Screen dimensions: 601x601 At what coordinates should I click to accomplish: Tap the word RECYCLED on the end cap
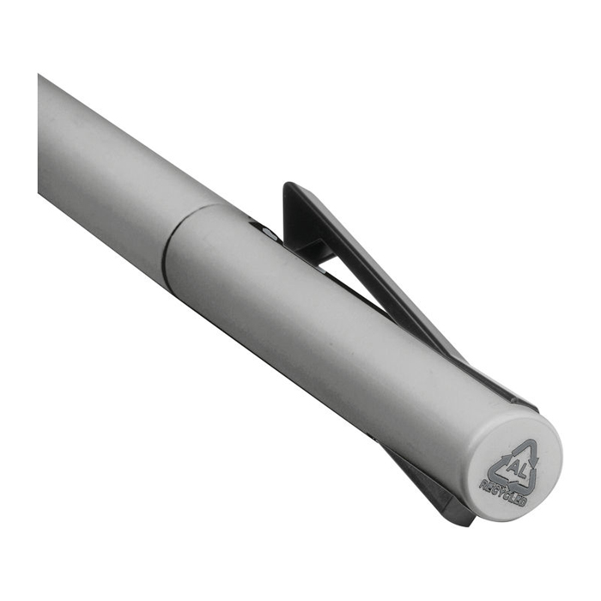503,494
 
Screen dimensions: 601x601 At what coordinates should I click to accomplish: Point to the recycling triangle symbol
516,467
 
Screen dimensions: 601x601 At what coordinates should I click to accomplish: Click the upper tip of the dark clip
287,185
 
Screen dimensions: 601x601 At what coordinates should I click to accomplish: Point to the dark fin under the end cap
433,487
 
